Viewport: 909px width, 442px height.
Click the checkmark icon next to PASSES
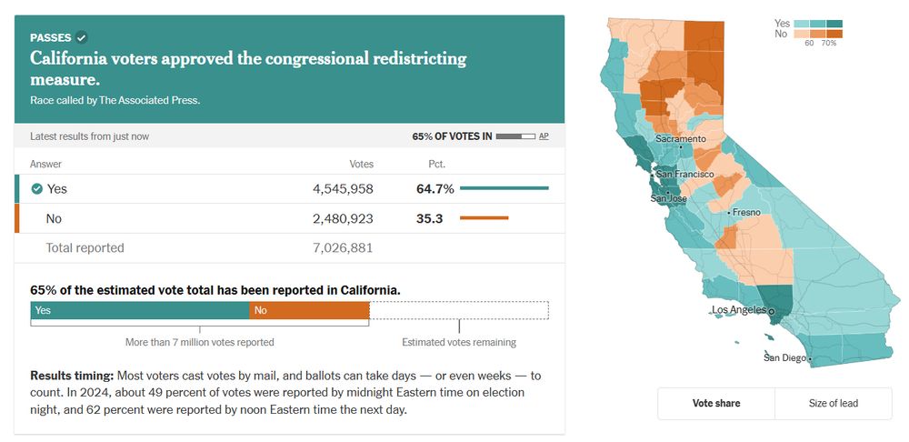coord(82,37)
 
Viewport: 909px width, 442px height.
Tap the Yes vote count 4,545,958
coord(343,189)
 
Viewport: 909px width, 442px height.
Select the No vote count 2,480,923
coord(343,218)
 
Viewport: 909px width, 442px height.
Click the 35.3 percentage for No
coord(428,218)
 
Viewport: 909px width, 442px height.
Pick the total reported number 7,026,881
coord(343,247)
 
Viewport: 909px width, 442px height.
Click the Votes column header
coord(361,165)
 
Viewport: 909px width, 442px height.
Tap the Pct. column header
coord(436,165)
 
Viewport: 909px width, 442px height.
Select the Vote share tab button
coord(716,403)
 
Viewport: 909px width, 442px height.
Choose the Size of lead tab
coord(833,403)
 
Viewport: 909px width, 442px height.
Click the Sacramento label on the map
coord(680,139)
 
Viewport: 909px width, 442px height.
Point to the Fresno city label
coord(746,212)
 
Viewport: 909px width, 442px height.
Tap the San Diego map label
coord(784,357)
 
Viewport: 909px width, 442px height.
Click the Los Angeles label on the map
coord(739,310)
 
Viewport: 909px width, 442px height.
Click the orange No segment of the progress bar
coord(309,310)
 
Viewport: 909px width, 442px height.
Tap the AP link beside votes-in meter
coord(544,136)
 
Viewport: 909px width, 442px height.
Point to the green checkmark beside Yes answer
coord(37,189)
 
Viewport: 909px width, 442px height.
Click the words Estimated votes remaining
coord(459,343)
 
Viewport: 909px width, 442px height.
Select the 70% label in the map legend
coord(829,43)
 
